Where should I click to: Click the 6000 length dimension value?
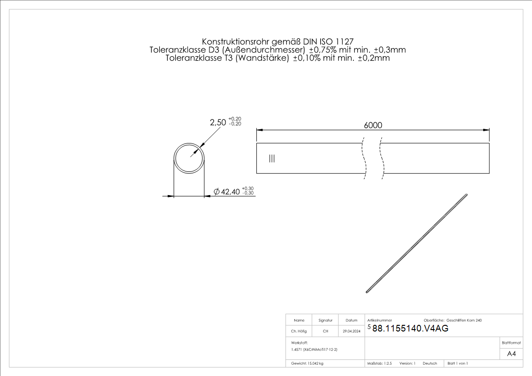tap(373, 125)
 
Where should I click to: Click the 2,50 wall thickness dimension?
tap(218, 122)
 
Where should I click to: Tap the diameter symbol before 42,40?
tap(216, 192)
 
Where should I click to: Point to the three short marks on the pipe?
tap(271, 158)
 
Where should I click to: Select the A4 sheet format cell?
tap(511, 354)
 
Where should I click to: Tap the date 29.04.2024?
tap(352, 331)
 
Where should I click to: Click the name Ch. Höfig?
tap(299, 331)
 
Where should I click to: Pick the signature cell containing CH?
tap(325, 331)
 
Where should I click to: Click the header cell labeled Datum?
tap(352, 321)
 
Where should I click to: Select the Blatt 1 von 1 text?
tap(458, 364)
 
